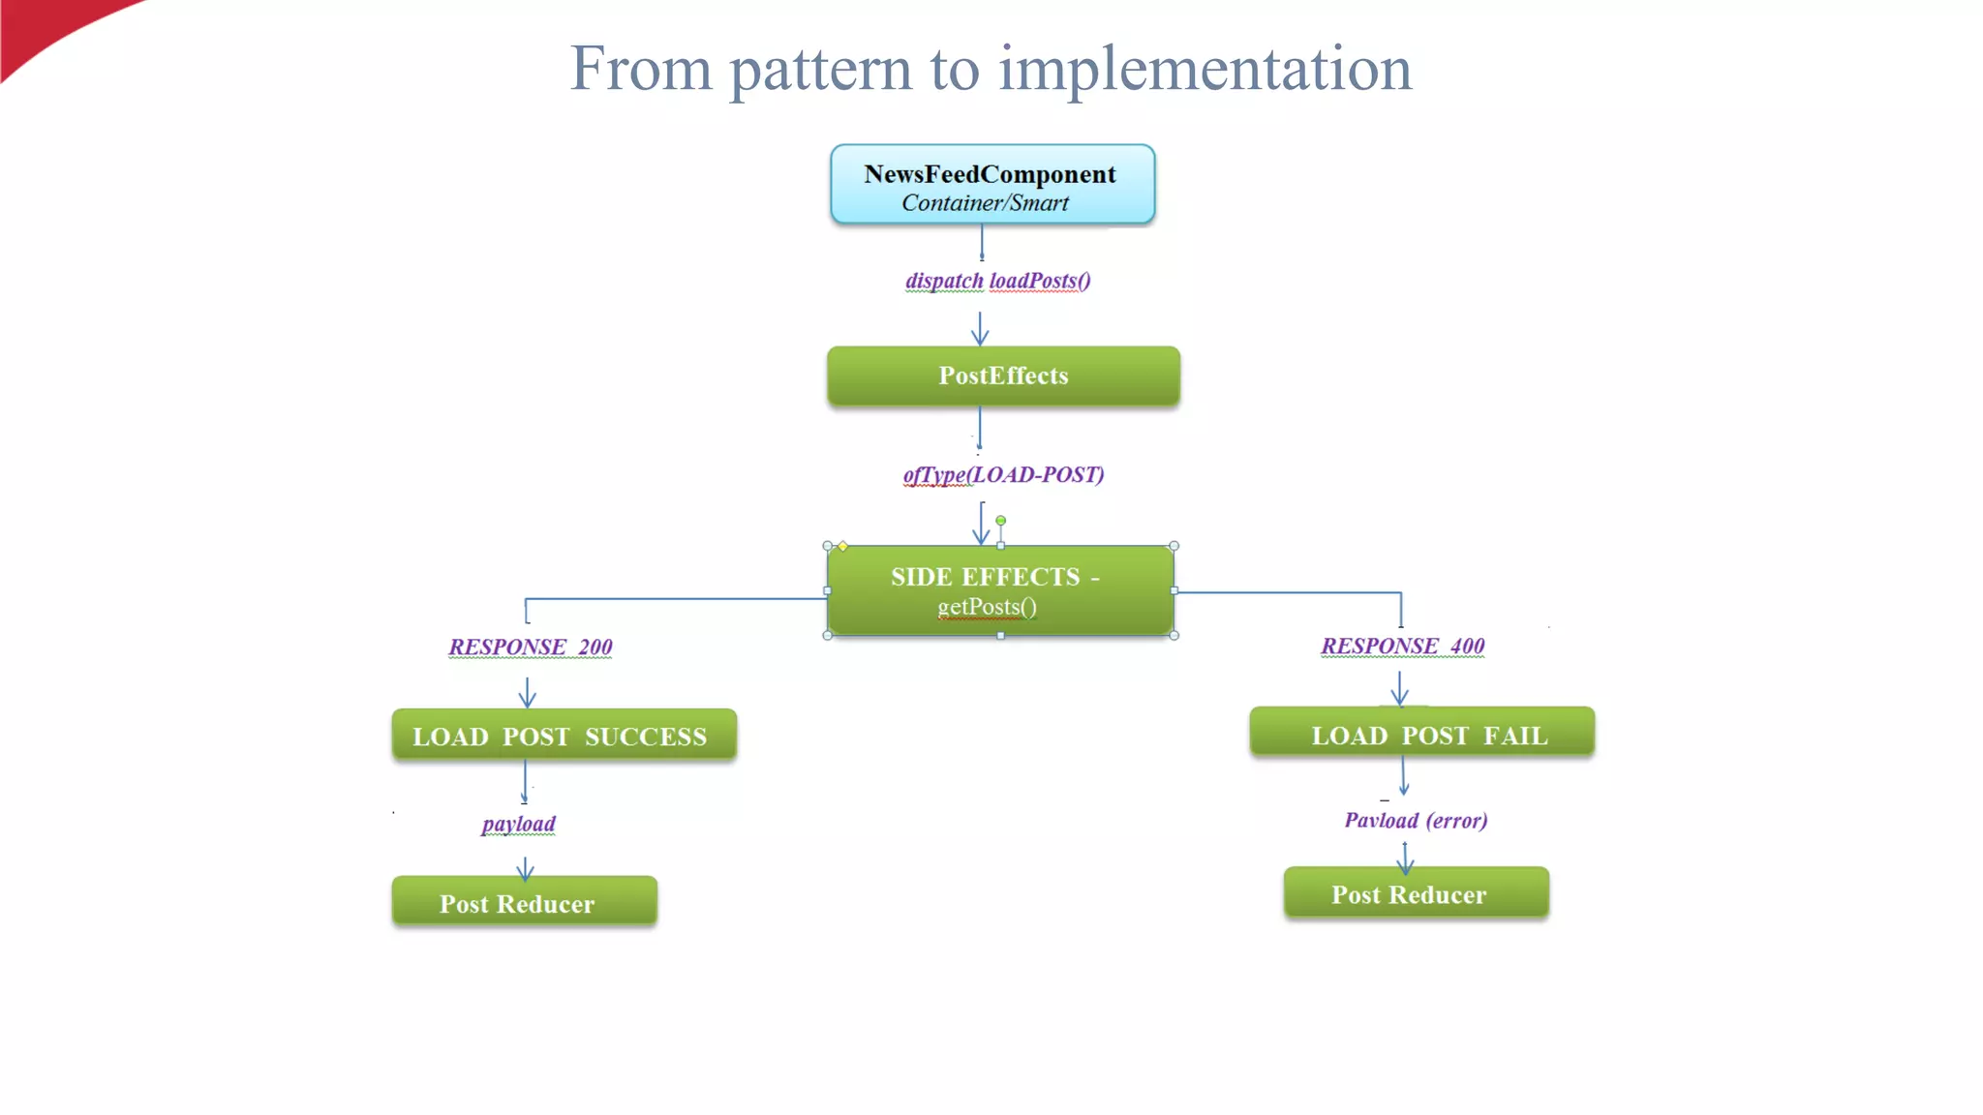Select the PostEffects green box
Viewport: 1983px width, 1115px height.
(x=1003, y=376)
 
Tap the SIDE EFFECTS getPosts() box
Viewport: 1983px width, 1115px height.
(x=1000, y=590)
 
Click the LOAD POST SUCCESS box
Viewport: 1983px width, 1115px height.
(x=564, y=736)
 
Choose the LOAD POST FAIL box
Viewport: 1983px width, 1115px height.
(x=1421, y=734)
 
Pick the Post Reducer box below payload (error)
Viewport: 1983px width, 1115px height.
(x=1416, y=893)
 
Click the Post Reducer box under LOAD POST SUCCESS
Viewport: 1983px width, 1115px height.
(x=524, y=902)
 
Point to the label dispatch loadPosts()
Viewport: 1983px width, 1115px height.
(x=997, y=281)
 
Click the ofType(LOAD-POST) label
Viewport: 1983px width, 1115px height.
(x=1003, y=474)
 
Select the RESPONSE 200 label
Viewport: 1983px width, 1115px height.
(x=531, y=647)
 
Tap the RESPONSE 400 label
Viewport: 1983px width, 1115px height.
(x=1403, y=646)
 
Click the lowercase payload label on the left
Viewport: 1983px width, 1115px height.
(x=519, y=824)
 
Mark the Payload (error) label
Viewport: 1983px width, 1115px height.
(x=1416, y=821)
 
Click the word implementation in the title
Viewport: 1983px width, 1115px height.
(x=1205, y=70)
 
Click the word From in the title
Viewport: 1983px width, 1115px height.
(x=640, y=70)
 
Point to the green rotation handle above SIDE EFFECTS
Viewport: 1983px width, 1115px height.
(x=1000, y=521)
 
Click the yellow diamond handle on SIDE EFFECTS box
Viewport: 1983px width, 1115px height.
(x=843, y=547)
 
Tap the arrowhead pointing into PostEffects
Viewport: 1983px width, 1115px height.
(x=980, y=338)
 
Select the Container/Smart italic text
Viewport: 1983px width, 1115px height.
(x=985, y=203)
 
